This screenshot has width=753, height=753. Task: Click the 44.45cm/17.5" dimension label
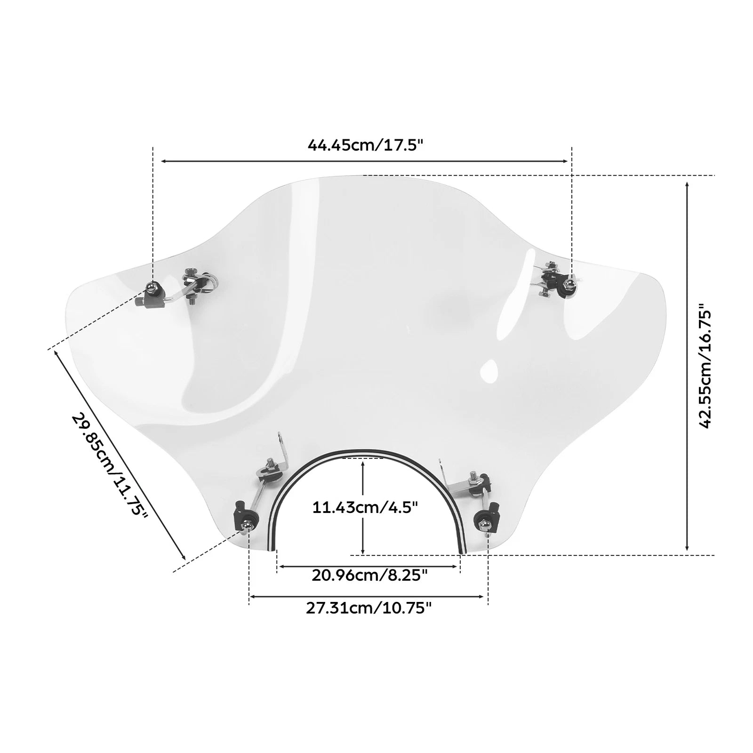pos(366,144)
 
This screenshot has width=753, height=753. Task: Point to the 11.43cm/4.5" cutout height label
pos(365,508)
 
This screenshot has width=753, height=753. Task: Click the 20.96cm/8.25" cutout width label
pos(369,575)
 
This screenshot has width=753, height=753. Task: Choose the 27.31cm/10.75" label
pos(368,608)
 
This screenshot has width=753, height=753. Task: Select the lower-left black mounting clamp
pos(244,516)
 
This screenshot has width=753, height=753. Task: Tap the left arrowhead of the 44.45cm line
pos(164,161)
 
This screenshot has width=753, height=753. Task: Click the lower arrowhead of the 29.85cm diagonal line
pos(183,556)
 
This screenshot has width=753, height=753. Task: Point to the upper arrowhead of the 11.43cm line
pos(363,465)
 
